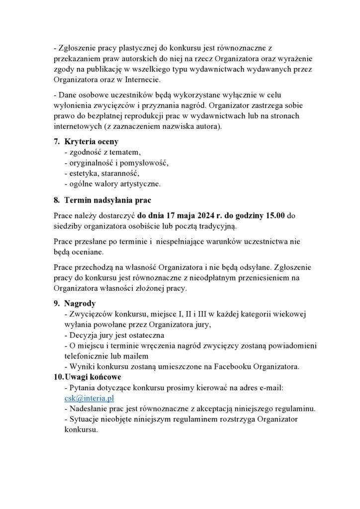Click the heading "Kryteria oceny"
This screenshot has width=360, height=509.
[x=91, y=142]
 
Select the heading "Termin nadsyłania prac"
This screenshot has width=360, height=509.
[x=108, y=200]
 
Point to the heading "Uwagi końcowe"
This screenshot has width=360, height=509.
[x=93, y=377]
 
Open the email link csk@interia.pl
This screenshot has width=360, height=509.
[x=90, y=398]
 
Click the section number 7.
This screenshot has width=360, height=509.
[x=57, y=142]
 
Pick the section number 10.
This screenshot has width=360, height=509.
[x=58, y=377]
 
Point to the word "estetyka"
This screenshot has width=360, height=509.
[x=81, y=173]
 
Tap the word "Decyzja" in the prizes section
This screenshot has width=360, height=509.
[x=83, y=336]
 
